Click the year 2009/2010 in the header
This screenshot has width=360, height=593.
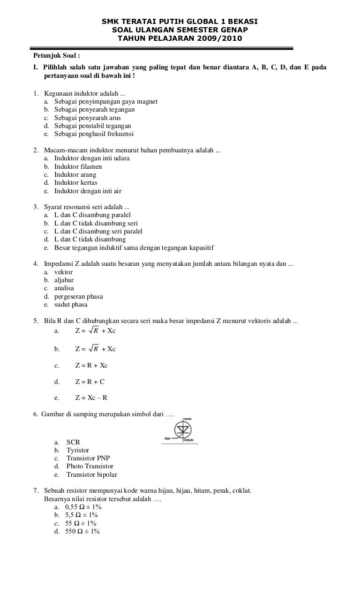pyautogui.click(x=220, y=38)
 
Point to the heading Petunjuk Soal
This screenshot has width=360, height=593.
pyautogui.click(x=57, y=55)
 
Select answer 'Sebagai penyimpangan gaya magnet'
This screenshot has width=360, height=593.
pyautogui.click(x=105, y=101)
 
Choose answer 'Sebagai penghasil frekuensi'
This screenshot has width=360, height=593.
pyautogui.click(x=94, y=134)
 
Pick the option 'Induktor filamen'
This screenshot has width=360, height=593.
pyautogui.click(x=78, y=166)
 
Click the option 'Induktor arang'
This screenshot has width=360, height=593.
pyautogui.click(x=75, y=174)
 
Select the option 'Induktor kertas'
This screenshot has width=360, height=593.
pyautogui.click(x=75, y=182)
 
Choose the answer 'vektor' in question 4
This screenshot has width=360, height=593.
pyautogui.click(x=63, y=272)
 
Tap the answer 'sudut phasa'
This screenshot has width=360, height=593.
pyautogui.click(x=71, y=304)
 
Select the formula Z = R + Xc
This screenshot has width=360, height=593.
pyautogui.click(x=91, y=365)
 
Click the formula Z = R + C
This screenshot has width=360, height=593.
pyautogui.click(x=90, y=382)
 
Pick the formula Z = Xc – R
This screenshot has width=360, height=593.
pyautogui.click(x=91, y=398)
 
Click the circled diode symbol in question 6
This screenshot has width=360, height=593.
pyautogui.click(x=180, y=430)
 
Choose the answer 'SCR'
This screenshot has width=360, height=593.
pyautogui.click(x=73, y=442)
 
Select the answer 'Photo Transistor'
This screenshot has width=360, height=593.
pyautogui.click(x=90, y=466)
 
